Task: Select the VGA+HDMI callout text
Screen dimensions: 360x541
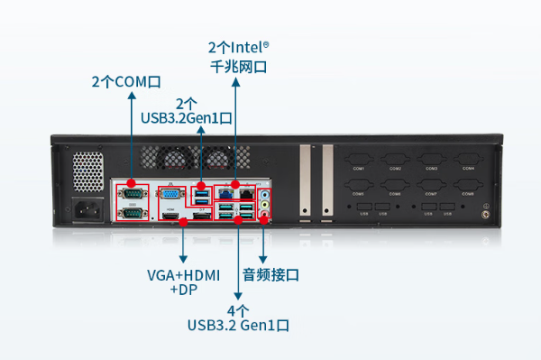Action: [184, 274]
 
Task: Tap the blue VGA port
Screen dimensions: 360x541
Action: [170, 193]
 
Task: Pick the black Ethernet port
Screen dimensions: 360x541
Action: [245, 192]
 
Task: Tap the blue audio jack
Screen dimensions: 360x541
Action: [264, 193]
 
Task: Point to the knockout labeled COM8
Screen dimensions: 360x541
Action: [468, 192]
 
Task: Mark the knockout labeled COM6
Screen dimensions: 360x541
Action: [394, 192]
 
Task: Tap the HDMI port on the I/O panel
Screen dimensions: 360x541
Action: [172, 217]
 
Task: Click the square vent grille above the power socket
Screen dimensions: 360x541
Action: [87, 170]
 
